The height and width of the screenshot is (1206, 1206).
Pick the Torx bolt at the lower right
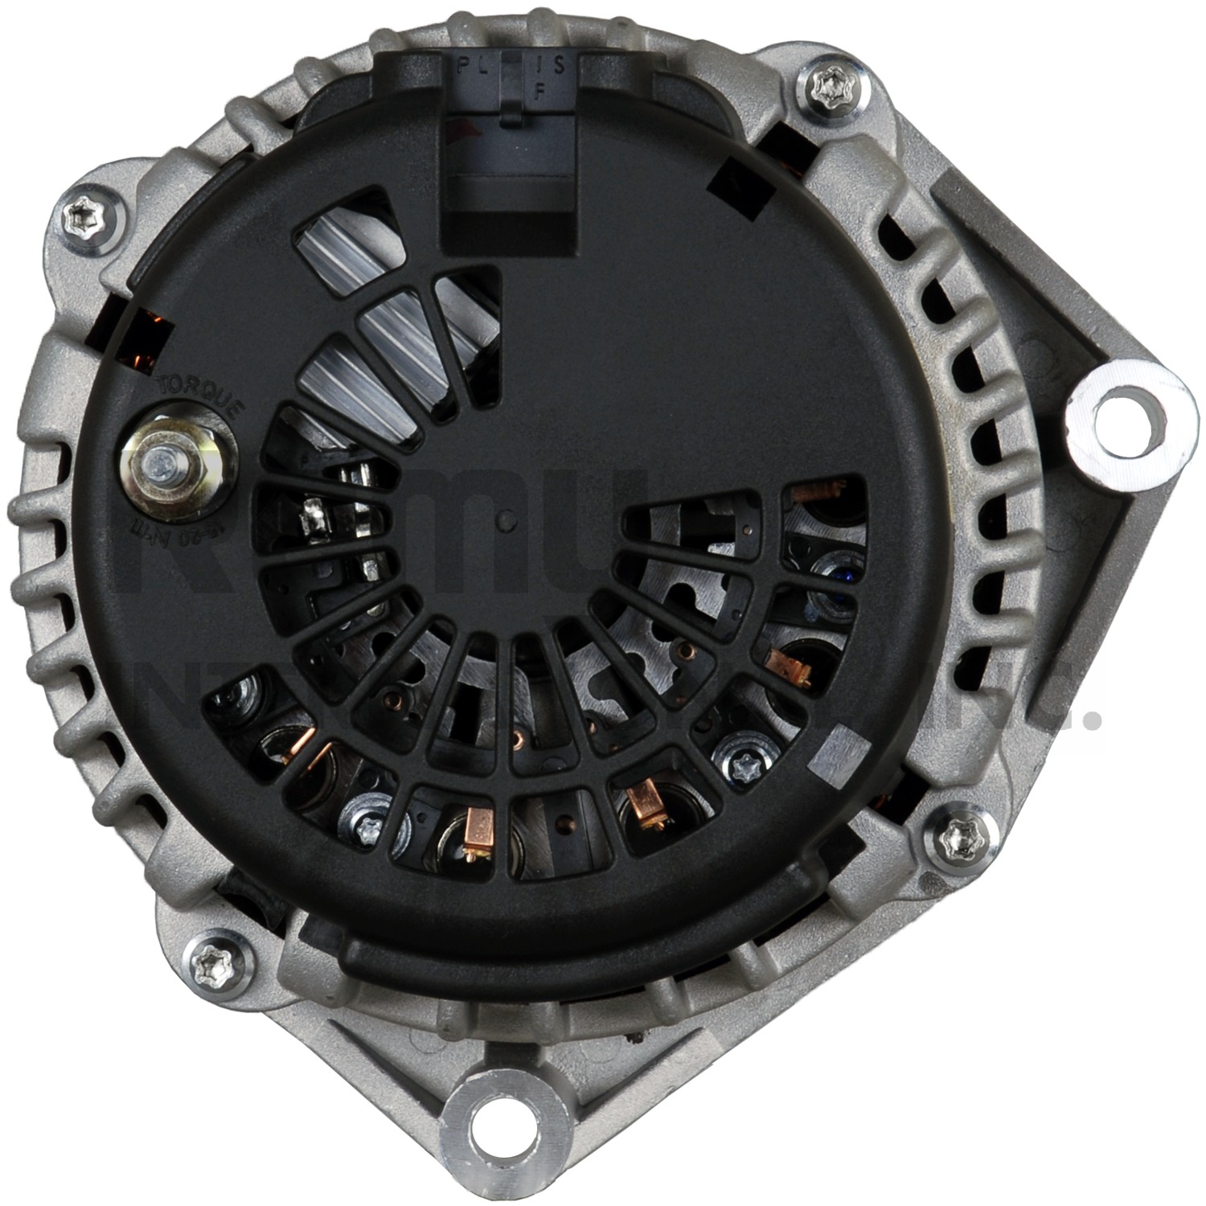[959, 836]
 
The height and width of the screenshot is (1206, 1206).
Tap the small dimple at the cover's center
[504, 520]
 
